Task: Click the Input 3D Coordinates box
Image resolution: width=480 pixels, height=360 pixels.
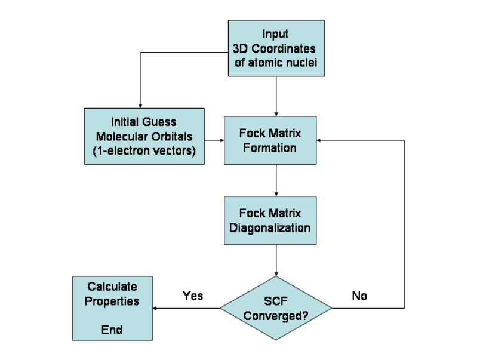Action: pos(276,48)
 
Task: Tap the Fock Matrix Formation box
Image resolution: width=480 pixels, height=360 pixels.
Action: pos(270,140)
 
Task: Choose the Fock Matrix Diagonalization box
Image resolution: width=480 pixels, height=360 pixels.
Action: pos(270,220)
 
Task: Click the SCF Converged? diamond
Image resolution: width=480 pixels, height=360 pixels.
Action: pos(276,308)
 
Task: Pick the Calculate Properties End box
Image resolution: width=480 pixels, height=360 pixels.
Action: pos(112,308)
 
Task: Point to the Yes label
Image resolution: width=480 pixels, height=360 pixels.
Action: pos(193,296)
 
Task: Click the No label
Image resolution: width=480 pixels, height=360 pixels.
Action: pos(359,296)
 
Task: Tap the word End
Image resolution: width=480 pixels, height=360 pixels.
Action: pos(112,329)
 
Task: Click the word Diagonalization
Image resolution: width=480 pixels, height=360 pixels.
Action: pos(270,227)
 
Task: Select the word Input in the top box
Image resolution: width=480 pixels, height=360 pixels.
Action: pos(275,34)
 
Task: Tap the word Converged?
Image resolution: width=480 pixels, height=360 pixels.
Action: pos(276,315)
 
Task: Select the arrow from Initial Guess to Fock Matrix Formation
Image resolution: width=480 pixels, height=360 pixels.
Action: pos(214,140)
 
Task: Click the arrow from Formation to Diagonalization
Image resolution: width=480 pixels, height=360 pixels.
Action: pos(276,180)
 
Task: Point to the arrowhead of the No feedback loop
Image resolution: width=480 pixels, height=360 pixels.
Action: pos(321,140)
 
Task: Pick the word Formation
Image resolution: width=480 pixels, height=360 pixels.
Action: pos(270,147)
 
